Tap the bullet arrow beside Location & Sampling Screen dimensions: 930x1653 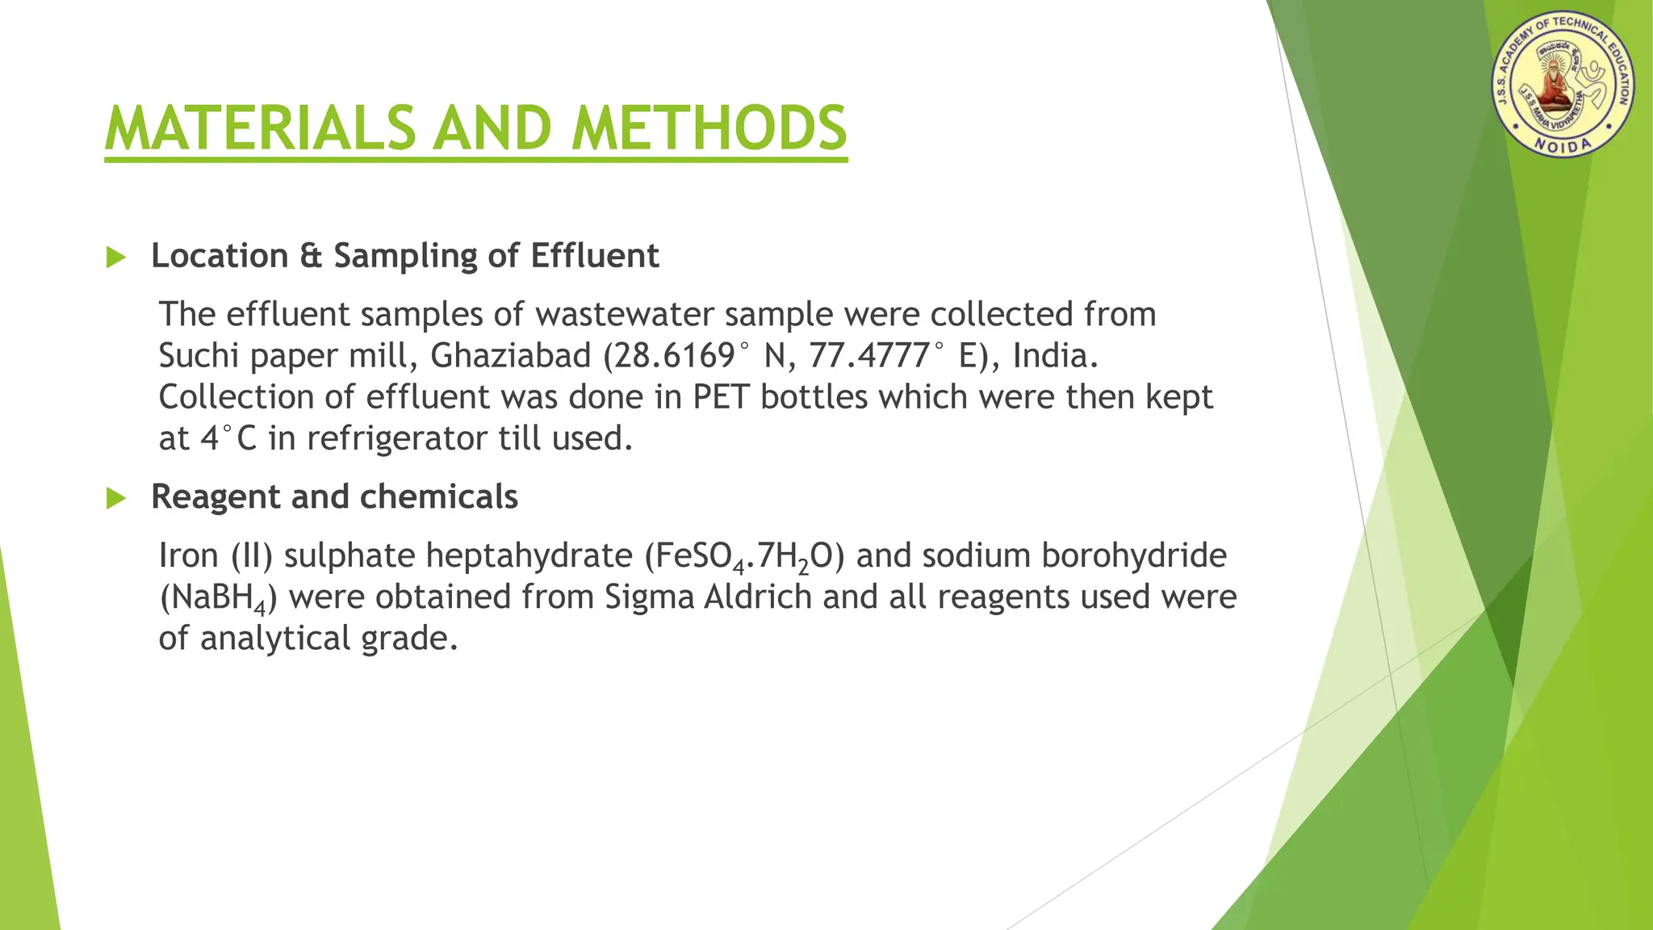point(116,258)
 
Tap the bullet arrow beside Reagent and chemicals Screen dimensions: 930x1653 point(116,499)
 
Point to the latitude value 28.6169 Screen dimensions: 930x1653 point(675,356)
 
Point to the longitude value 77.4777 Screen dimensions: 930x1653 point(871,356)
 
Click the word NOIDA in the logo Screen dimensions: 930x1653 point(1562,145)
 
